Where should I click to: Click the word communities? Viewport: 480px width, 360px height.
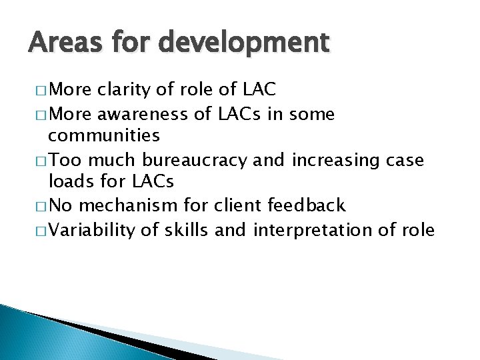pos(104,137)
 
